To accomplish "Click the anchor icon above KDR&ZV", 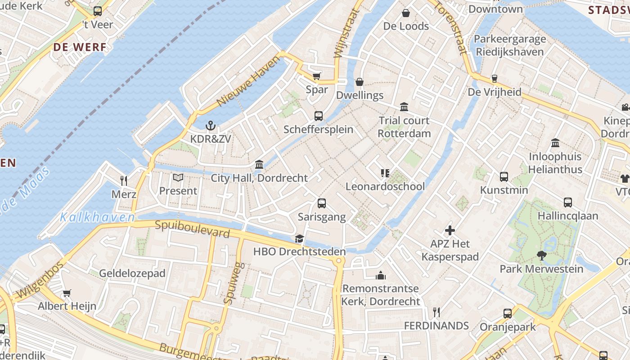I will coord(210,126).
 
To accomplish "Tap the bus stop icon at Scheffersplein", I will coord(319,116).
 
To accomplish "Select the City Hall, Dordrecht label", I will coord(259,178).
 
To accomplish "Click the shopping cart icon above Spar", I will coord(317,76).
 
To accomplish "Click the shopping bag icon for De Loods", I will coord(406,13).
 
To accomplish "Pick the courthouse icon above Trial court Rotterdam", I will coord(404,107).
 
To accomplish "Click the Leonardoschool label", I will coord(385,186).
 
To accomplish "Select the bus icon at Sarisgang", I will coord(322,203).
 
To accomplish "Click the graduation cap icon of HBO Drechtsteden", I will coord(299,238).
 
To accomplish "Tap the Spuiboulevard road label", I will coord(192,229).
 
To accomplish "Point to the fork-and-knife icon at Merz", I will coord(124,181).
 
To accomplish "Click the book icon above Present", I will coord(178,178).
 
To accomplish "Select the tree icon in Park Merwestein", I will coord(541,256).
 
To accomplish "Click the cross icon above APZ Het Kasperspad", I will coord(450,231).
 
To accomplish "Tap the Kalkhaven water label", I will coord(97,218).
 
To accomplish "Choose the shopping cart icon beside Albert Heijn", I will coord(67,293).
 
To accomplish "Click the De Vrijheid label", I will coord(495,92).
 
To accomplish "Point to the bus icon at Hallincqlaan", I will coord(568,202).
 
